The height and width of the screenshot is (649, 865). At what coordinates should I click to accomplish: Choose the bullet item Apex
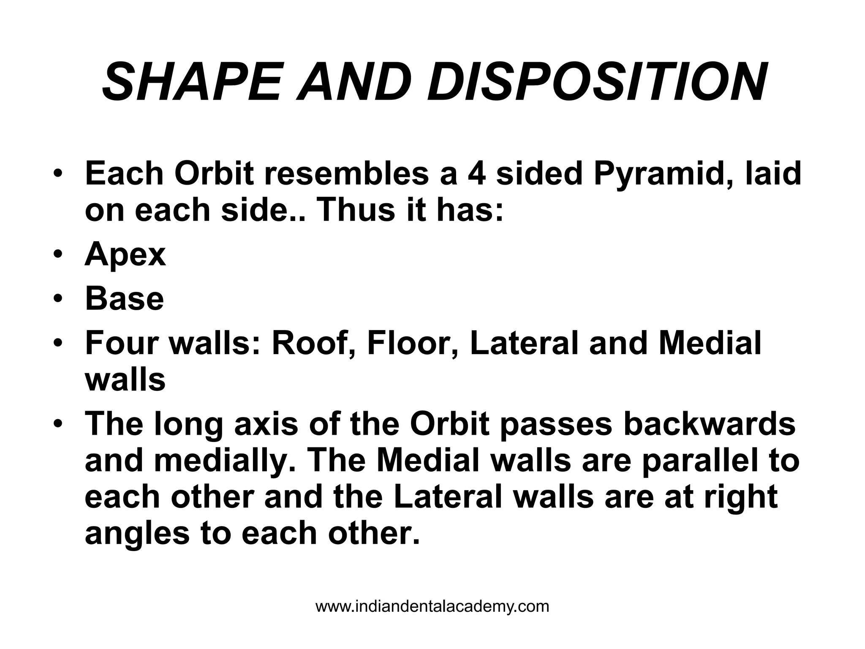(x=125, y=255)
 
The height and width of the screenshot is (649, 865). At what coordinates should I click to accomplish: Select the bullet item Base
(x=124, y=299)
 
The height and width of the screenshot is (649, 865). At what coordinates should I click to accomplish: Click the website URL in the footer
(x=432, y=607)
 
